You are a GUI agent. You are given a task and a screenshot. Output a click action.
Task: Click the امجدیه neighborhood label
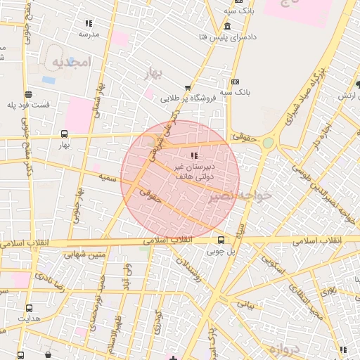(x=70, y=63)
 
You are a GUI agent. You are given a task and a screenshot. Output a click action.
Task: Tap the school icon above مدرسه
(x=88, y=23)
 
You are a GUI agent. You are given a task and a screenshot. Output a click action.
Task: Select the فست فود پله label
(x=29, y=105)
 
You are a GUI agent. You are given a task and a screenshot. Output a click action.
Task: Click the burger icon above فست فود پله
(x=28, y=94)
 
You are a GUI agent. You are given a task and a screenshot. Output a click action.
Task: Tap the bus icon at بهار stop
(x=65, y=134)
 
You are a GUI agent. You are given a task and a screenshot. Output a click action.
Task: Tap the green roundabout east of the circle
(x=268, y=143)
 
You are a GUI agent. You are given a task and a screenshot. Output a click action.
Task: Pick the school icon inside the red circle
(x=194, y=155)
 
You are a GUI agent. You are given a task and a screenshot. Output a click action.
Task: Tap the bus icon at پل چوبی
(x=221, y=240)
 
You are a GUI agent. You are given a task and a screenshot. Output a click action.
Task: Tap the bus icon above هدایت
(x=29, y=308)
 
